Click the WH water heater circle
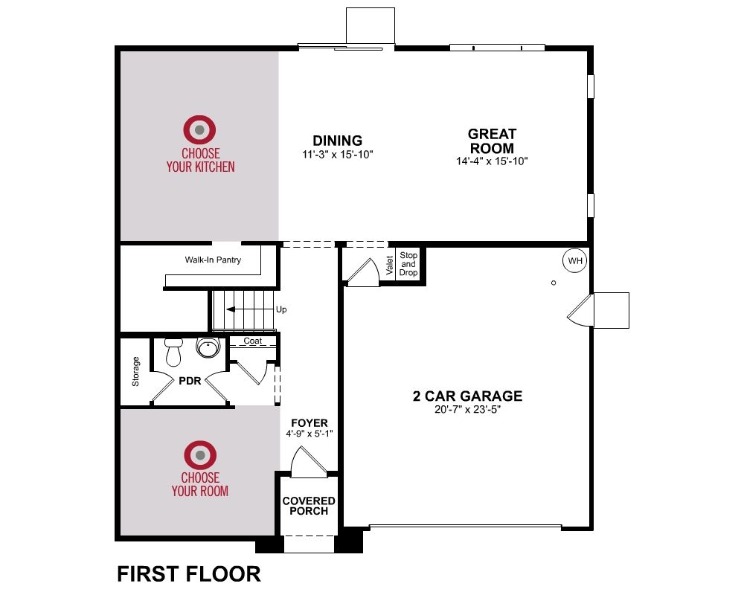pyautogui.click(x=574, y=260)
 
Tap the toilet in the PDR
pyautogui.click(x=173, y=352)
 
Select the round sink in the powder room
pyautogui.click(x=208, y=348)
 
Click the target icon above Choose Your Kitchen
pyautogui.click(x=199, y=129)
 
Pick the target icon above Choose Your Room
pyautogui.click(x=200, y=455)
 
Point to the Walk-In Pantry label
pyautogui.click(x=213, y=260)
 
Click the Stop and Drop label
pyautogui.click(x=408, y=264)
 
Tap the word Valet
pyautogui.click(x=390, y=266)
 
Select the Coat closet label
pyautogui.click(x=253, y=341)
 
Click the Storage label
pyautogui.click(x=135, y=371)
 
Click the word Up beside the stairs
pyautogui.click(x=281, y=309)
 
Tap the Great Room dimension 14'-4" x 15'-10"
pyautogui.click(x=492, y=161)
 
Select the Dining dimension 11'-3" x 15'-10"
pyautogui.click(x=338, y=155)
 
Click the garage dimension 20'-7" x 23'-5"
pyautogui.click(x=468, y=410)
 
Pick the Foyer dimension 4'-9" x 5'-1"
pyautogui.click(x=310, y=433)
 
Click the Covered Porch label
pyautogui.click(x=309, y=506)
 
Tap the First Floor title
pyautogui.click(x=189, y=573)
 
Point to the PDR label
pyautogui.click(x=190, y=381)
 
